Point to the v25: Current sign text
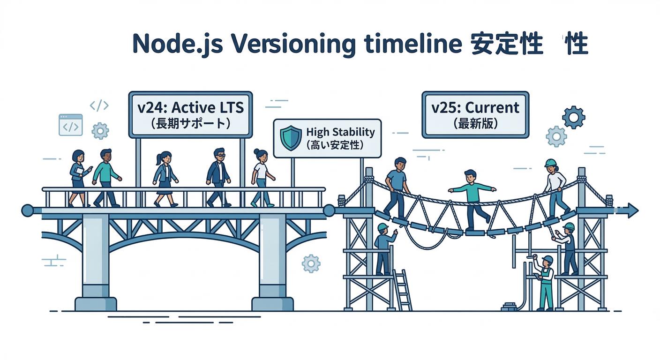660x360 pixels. [x=475, y=107]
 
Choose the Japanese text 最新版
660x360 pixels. [x=475, y=124]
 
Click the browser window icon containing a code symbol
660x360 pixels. [x=71, y=125]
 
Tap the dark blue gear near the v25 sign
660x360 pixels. [x=573, y=117]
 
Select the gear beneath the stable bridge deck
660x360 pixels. [x=311, y=263]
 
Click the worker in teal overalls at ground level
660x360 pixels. [x=545, y=284]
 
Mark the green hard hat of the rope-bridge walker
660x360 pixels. [x=550, y=163]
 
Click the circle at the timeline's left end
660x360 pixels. [x=27, y=210]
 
